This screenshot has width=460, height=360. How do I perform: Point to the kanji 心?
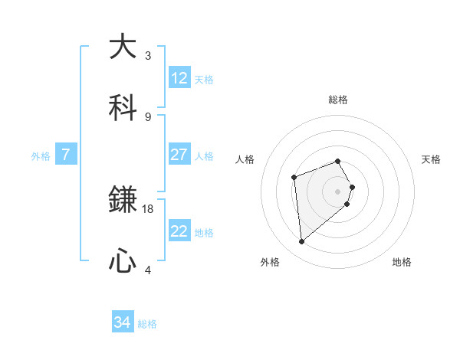pyautogui.click(x=123, y=261)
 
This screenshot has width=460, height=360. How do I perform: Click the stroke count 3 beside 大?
pyautogui.click(x=148, y=55)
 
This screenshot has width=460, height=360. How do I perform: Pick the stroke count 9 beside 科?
pyautogui.click(x=148, y=116)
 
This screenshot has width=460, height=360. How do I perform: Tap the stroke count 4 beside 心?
pyautogui.click(x=148, y=270)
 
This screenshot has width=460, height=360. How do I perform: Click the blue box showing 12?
pyautogui.click(x=179, y=78)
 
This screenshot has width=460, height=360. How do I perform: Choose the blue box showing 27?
pyautogui.click(x=179, y=155)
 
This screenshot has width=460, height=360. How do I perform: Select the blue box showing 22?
pyautogui.click(x=179, y=231)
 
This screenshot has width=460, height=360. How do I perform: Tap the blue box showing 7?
pyautogui.click(x=66, y=155)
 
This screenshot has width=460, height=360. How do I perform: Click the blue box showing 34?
pyautogui.click(x=123, y=323)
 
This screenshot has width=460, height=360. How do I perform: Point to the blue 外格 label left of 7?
pyautogui.click(x=41, y=155)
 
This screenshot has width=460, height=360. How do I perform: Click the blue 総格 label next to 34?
pyautogui.click(x=147, y=324)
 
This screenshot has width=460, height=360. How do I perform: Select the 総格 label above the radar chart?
pyautogui.click(x=338, y=100)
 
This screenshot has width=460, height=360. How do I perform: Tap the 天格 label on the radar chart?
pyautogui.click(x=431, y=159)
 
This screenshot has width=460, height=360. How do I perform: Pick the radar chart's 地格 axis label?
pyautogui.click(x=402, y=262)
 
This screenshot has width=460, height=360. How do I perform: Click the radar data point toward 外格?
pyautogui.click(x=302, y=242)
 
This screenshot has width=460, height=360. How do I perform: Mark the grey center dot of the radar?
pyautogui.click(x=338, y=191)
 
